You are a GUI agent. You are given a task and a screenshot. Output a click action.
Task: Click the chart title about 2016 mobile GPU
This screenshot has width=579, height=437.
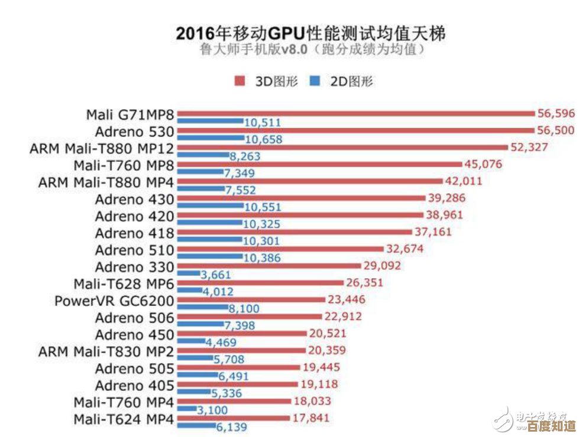310,32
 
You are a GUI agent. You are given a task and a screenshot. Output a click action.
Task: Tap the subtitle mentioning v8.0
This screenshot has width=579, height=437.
312,51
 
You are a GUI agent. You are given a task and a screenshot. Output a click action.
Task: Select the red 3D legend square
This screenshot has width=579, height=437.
240,81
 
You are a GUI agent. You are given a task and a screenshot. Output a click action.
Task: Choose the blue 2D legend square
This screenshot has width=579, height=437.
315,81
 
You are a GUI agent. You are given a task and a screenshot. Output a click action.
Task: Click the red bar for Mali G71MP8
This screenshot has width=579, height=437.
355,113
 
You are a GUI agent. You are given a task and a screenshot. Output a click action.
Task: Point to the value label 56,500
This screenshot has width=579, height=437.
555,131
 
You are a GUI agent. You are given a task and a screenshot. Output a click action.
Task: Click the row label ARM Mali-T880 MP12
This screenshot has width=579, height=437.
102,148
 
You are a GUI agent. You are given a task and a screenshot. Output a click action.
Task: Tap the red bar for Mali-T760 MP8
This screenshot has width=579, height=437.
319,164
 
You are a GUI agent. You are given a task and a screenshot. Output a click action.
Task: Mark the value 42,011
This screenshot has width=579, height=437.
464,181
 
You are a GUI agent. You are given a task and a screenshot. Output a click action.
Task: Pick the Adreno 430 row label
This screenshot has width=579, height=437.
134,200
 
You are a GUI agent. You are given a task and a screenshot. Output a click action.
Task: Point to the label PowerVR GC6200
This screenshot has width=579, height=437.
114,301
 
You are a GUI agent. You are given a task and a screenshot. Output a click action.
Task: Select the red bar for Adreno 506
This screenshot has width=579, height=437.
248,317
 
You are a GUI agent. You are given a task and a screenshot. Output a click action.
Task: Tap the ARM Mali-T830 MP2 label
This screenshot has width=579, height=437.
106,352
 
